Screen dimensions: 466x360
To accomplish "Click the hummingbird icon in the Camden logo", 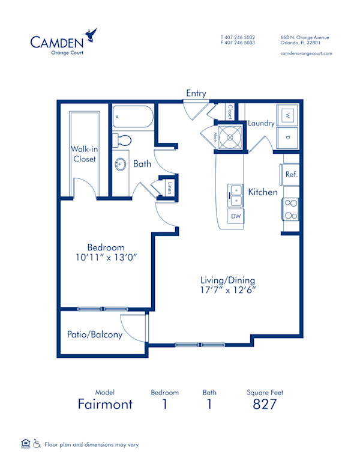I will point(91,35).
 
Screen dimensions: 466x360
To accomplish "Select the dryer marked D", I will point(287,138).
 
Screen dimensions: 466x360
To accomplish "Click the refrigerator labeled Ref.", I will point(291,175).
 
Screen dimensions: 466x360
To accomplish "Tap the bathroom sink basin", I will point(121,164).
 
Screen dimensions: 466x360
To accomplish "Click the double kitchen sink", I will point(235,192).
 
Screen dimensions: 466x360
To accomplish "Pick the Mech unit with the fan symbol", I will point(229,138).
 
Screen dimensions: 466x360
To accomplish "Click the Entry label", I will point(196,94).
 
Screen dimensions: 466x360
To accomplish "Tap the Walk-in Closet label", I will point(85,154).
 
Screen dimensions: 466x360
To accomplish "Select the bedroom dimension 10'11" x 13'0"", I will point(106,258).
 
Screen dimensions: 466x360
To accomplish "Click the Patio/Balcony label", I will point(98,334).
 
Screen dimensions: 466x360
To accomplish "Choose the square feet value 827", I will point(265,404).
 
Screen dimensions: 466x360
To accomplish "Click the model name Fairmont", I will point(105,404).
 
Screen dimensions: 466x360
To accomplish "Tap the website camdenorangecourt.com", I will point(306,53).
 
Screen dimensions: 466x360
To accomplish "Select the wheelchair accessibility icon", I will point(37,444).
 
